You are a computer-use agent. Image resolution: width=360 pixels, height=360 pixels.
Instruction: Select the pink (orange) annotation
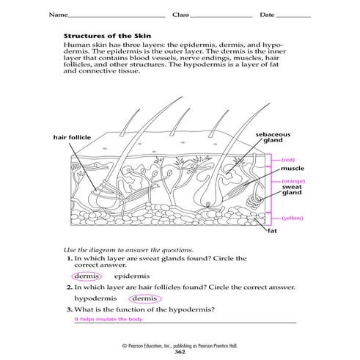click(x=292, y=180)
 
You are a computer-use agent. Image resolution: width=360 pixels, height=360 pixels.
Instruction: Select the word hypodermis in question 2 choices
click(x=96, y=299)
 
